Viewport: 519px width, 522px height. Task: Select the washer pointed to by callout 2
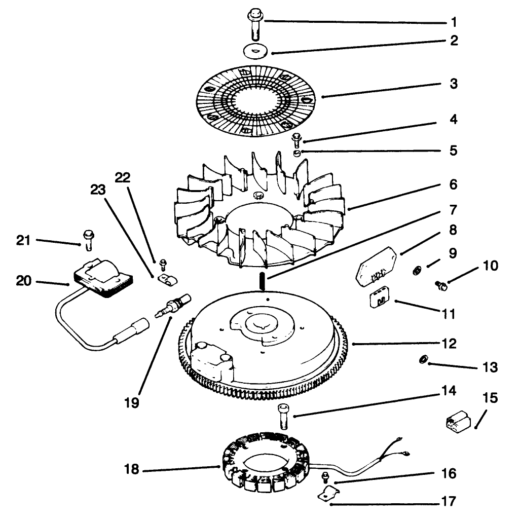click(x=255, y=52)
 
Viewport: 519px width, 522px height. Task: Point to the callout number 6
click(x=453, y=184)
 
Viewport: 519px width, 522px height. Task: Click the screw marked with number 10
click(x=441, y=286)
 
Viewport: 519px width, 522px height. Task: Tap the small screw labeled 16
click(x=325, y=477)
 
